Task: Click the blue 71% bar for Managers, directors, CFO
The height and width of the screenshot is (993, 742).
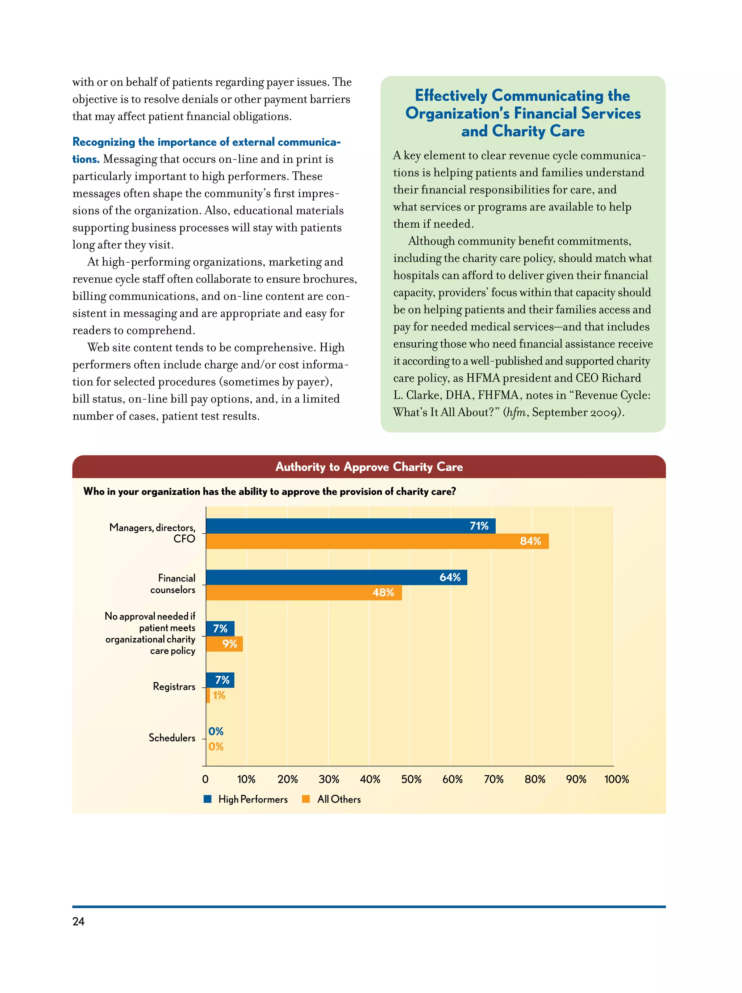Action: click(x=350, y=526)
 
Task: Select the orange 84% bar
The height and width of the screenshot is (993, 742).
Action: click(x=377, y=541)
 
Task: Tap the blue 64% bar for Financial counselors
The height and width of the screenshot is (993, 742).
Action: click(x=336, y=577)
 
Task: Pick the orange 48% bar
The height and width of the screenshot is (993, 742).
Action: click(x=304, y=592)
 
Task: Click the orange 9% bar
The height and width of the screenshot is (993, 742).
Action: click(x=224, y=644)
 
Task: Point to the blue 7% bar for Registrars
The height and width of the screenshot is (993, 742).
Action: click(x=220, y=680)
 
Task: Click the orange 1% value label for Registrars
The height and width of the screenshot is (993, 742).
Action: click(x=219, y=695)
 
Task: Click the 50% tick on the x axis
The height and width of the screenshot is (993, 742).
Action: click(x=411, y=779)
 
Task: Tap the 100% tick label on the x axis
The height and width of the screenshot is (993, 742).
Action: click(x=616, y=779)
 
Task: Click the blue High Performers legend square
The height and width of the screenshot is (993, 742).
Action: click(x=207, y=798)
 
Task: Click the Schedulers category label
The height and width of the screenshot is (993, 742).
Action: click(x=172, y=738)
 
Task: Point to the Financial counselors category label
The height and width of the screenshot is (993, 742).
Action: click(x=173, y=584)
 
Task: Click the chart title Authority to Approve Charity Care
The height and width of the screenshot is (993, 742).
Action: click(x=369, y=467)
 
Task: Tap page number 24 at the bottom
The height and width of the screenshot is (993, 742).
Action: click(x=79, y=921)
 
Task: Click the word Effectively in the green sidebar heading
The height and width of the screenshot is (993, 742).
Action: click(x=451, y=96)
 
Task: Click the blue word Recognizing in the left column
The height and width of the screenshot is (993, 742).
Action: click(x=104, y=142)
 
